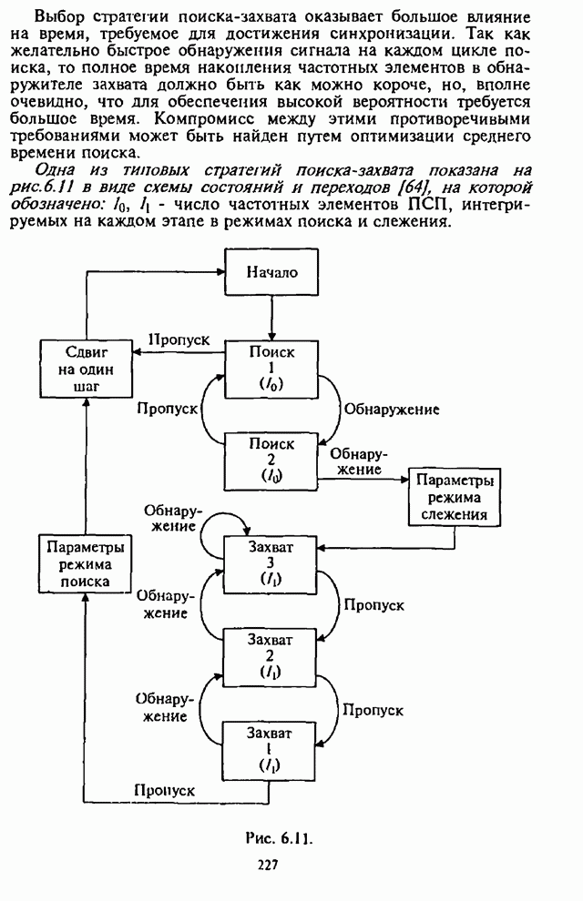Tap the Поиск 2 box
271,460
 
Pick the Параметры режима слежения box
454,497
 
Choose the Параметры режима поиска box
84,564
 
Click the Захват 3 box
271,562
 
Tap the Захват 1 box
271,749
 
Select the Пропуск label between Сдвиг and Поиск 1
179,339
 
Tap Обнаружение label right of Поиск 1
391,410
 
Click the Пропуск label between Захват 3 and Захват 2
372,603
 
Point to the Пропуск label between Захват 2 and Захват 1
373,709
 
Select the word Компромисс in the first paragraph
203,119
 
